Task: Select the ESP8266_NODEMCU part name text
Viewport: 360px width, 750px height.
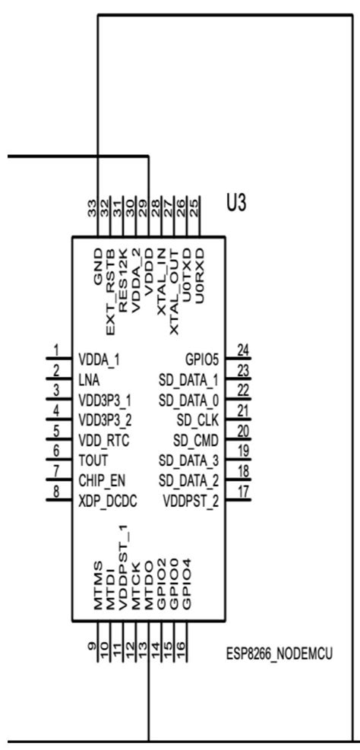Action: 282,653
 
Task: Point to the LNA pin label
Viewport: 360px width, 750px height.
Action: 87,377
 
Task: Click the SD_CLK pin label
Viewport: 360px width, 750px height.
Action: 199,419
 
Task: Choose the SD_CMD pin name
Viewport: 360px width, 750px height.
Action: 197,439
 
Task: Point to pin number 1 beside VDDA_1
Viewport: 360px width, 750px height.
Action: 56,350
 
